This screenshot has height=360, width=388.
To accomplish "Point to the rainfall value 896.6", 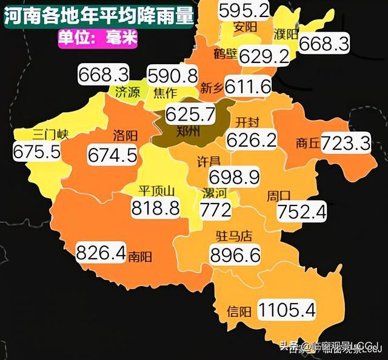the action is pyautogui.click(x=235, y=254).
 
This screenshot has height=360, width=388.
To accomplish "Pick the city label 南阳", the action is pyautogui.click(x=140, y=256).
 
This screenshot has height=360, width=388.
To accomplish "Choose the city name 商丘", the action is pyautogui.click(x=307, y=144).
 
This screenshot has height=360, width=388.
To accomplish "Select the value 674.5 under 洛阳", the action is pyautogui.click(x=112, y=155).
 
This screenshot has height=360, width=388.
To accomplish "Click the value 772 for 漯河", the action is pyautogui.click(x=216, y=210).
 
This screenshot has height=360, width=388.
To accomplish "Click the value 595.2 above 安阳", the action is pyautogui.click(x=243, y=9).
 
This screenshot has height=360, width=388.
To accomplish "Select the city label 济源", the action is pyautogui.click(x=127, y=92).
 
